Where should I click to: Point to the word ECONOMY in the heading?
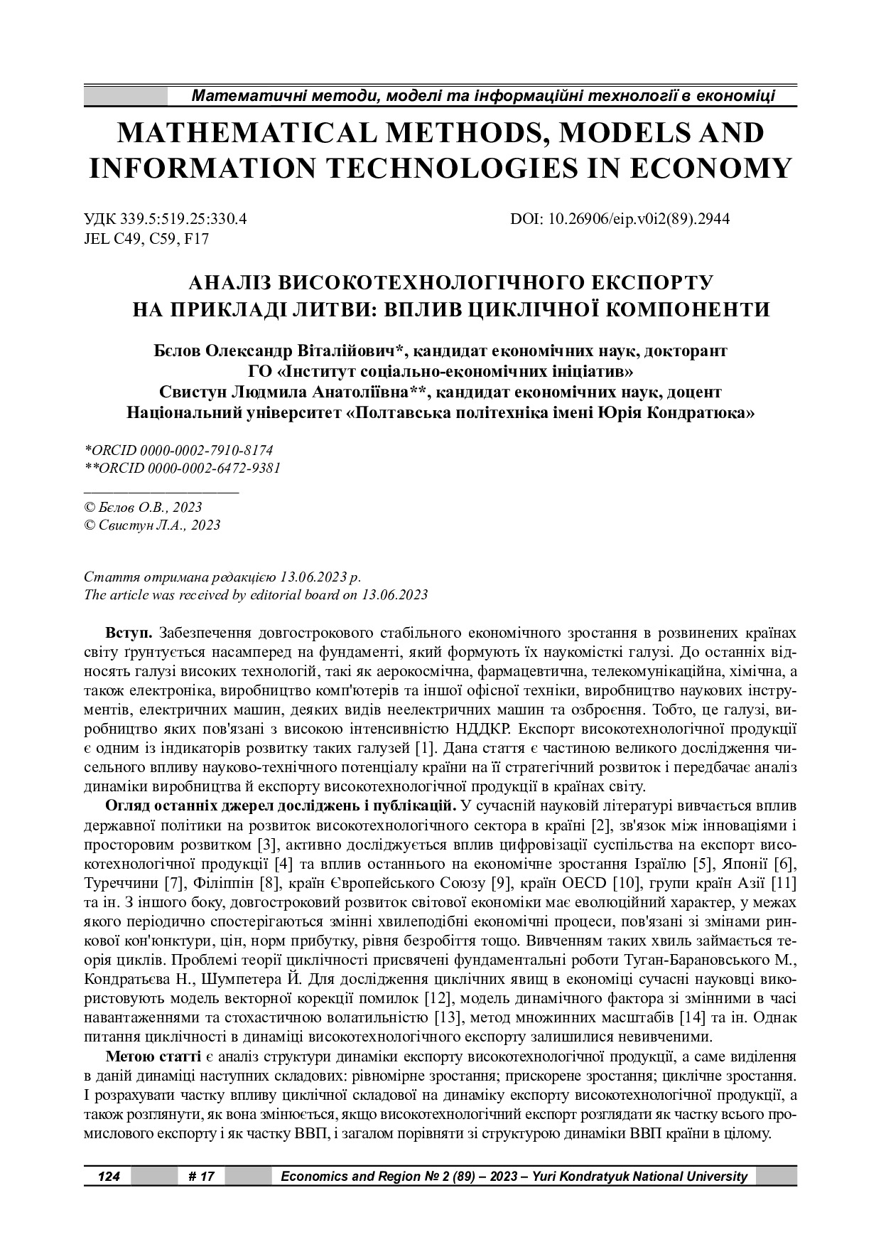(710, 168)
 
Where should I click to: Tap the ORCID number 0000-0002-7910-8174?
(207, 451)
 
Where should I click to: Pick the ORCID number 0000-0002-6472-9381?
(211, 468)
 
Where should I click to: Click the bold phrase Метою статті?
(153, 1054)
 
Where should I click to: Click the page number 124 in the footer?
(109, 1176)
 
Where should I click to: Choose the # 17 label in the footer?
(202, 1176)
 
